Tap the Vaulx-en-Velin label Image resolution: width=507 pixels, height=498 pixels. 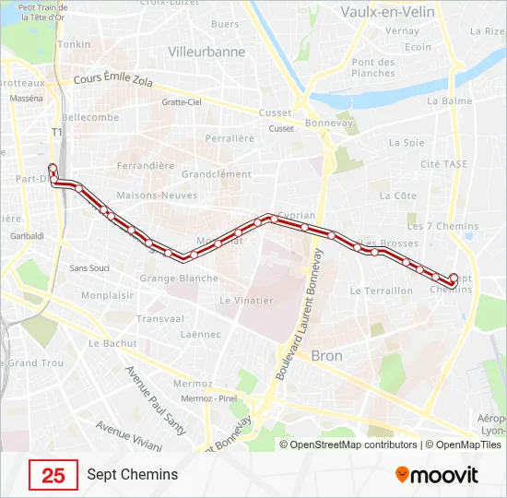coord(383,12)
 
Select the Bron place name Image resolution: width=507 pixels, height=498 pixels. coord(326,356)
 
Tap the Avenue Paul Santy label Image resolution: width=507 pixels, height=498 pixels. coord(153,402)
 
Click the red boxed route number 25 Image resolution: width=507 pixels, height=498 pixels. coord(53,475)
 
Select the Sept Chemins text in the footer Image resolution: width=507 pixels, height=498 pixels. coord(133,475)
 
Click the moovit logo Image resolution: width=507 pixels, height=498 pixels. coord(437,475)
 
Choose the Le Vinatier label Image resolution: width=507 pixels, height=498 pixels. coord(246,301)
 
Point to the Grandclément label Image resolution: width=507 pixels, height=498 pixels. coord(217,173)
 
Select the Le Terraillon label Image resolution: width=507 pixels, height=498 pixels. coord(382,290)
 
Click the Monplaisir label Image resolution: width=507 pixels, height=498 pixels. coord(109,296)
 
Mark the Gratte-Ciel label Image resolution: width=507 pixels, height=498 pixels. coord(181,102)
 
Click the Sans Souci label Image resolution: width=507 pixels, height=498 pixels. coord(89,268)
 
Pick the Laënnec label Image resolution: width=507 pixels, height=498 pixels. coord(199,335)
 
